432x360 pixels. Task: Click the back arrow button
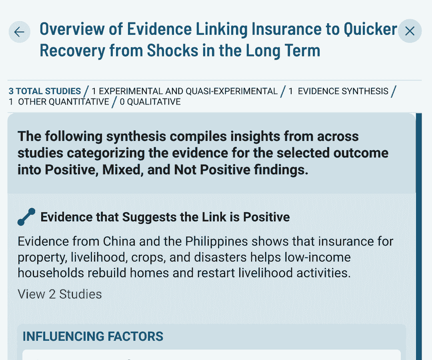click(19, 32)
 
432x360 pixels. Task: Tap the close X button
click(410, 31)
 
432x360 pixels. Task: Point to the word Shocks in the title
click(172, 51)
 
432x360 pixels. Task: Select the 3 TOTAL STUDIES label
click(45, 91)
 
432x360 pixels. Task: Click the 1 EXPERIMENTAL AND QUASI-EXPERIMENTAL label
click(184, 91)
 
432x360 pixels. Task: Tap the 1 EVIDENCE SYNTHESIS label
click(338, 91)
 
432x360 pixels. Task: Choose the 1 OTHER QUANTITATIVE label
click(59, 102)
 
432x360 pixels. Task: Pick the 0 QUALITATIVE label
click(150, 102)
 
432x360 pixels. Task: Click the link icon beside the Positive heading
click(26, 217)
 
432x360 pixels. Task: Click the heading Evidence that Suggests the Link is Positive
click(165, 217)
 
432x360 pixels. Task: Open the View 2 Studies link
click(60, 294)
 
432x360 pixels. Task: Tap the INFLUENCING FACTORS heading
click(93, 336)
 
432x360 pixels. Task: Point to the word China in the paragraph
click(119, 241)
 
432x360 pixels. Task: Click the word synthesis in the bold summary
click(136, 137)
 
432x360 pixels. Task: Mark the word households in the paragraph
click(51, 273)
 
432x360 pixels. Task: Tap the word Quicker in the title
click(370, 29)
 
